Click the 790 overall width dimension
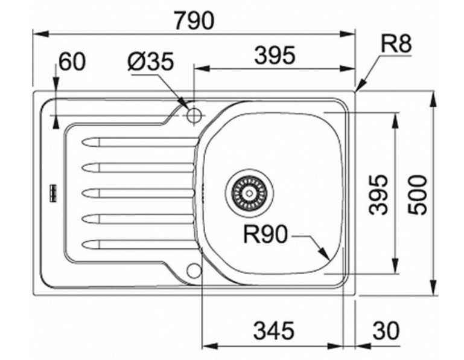(x=193, y=21)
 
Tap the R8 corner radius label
(x=396, y=43)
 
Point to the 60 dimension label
(x=72, y=62)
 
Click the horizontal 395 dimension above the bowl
(x=275, y=56)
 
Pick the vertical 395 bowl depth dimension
(x=378, y=194)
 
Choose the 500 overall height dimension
(x=417, y=194)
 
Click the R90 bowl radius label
(x=265, y=235)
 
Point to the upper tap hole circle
(x=194, y=115)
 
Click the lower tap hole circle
(x=194, y=270)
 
